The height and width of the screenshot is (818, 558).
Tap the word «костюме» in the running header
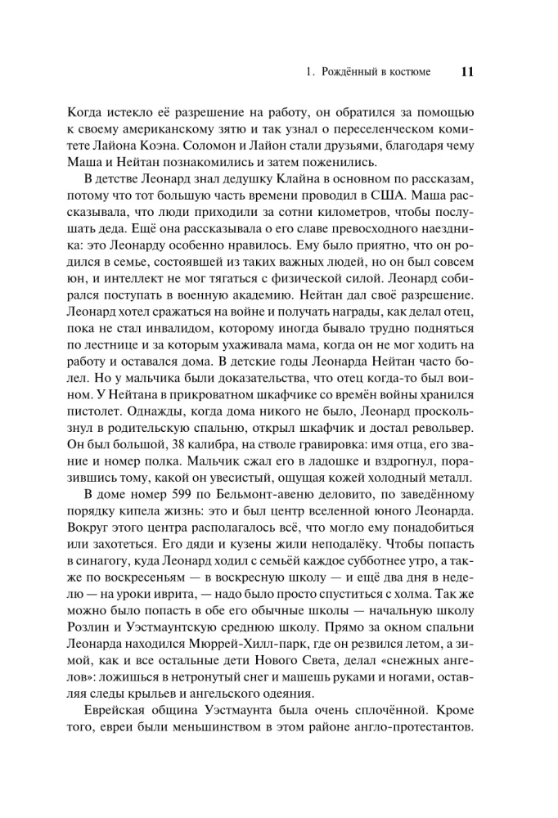point(408,72)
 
